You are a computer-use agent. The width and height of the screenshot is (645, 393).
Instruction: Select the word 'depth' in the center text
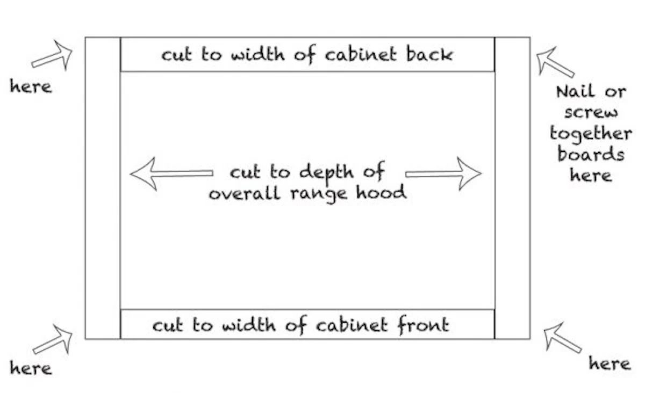click(327, 173)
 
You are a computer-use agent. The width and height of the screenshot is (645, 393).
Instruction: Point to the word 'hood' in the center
click(381, 192)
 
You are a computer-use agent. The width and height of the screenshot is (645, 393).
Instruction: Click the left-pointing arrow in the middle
click(171, 173)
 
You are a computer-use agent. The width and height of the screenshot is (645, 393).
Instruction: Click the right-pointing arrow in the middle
click(443, 174)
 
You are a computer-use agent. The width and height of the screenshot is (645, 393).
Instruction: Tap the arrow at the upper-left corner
click(52, 55)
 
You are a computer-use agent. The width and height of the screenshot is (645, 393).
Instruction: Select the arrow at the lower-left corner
click(53, 339)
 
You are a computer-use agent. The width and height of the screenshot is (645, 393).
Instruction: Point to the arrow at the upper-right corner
click(555, 62)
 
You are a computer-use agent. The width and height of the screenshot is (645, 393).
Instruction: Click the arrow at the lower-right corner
click(562, 338)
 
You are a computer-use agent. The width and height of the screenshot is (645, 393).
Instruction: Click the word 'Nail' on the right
click(575, 91)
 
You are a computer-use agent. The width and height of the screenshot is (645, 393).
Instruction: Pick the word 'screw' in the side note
click(591, 113)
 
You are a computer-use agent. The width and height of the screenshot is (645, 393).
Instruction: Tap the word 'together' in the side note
click(591, 134)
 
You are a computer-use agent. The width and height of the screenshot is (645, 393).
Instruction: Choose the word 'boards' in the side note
click(591, 154)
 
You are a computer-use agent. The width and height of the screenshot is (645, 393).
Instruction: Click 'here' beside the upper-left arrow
click(31, 86)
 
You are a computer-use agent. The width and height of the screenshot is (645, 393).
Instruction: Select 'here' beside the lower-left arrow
click(31, 368)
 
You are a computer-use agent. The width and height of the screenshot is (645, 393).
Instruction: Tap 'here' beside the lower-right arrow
click(610, 363)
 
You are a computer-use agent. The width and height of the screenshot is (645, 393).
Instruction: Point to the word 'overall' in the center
click(245, 192)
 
